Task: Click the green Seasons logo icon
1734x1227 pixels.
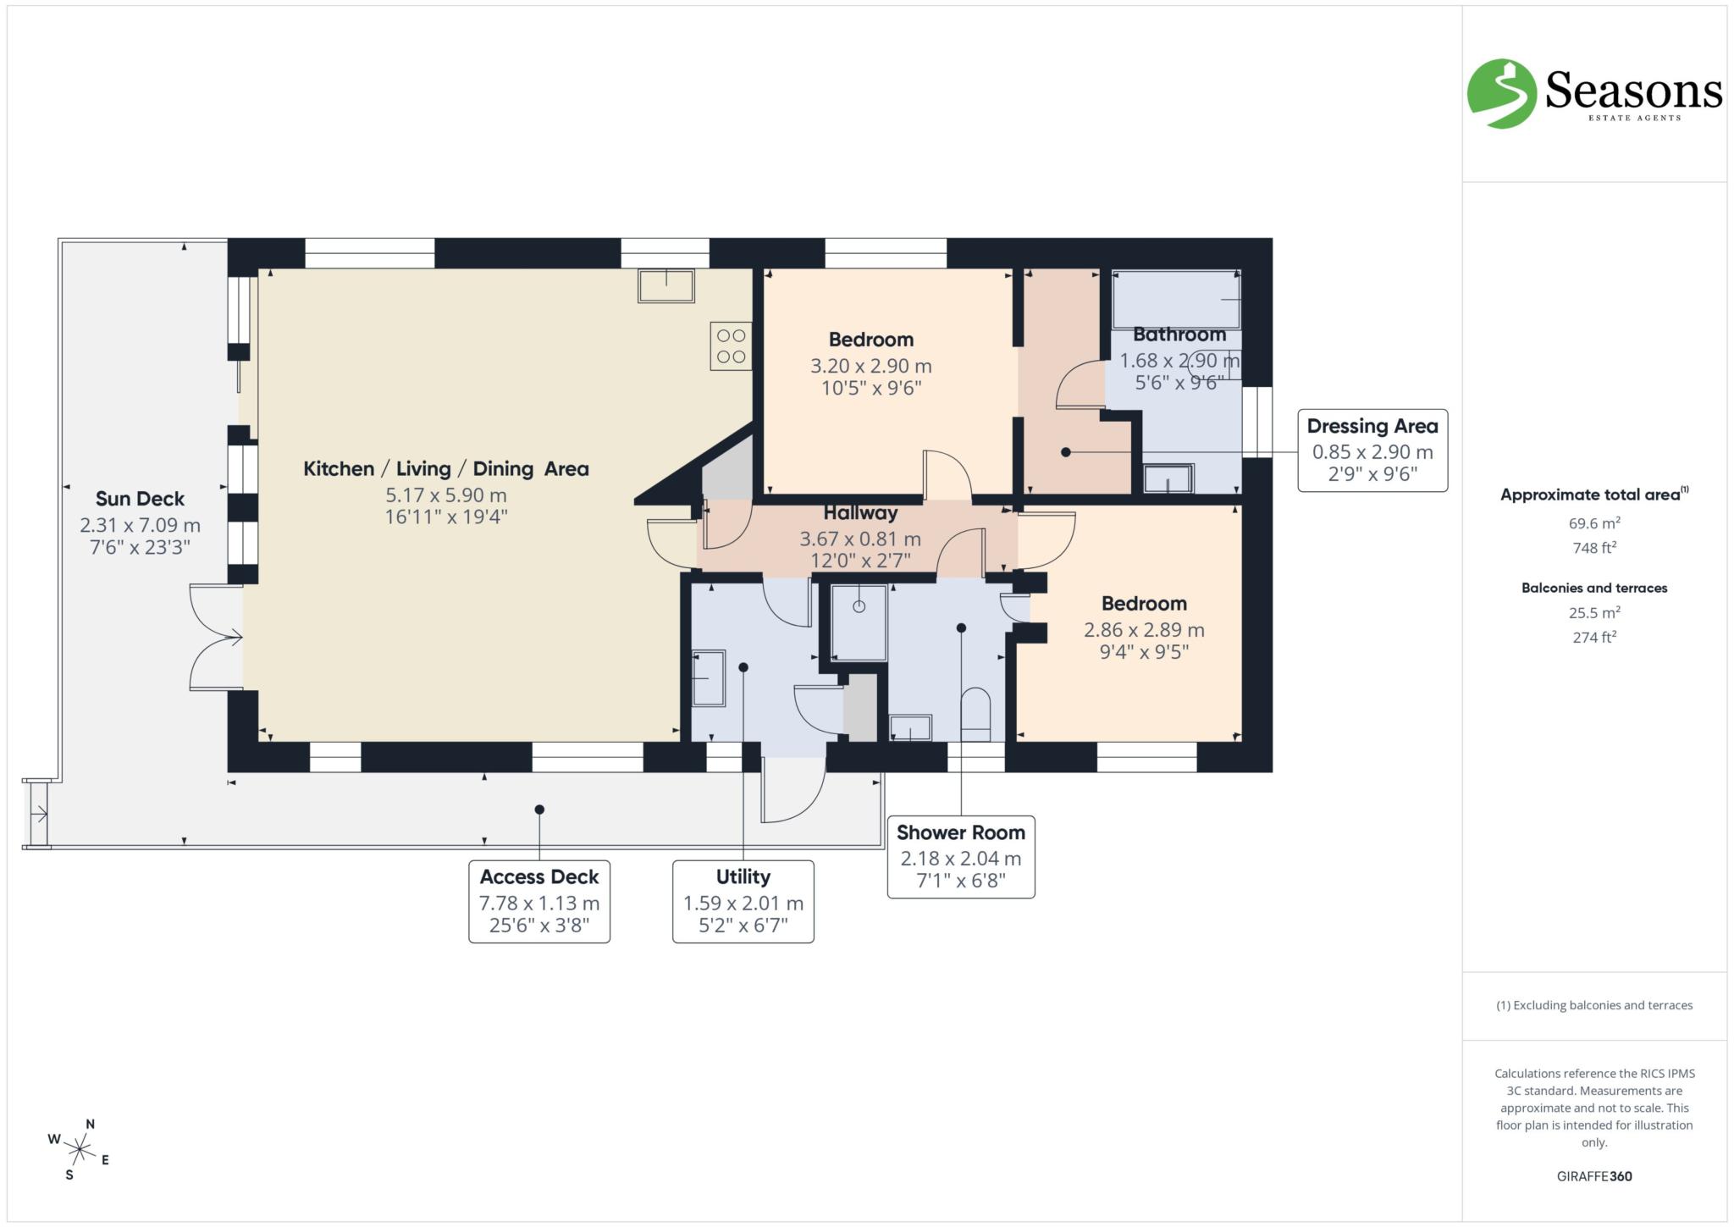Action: pyautogui.click(x=1501, y=93)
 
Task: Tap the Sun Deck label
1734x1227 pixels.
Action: pyautogui.click(x=140, y=499)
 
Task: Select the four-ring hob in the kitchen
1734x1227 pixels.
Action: pyautogui.click(x=731, y=346)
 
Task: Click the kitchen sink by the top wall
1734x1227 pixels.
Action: pyautogui.click(x=666, y=286)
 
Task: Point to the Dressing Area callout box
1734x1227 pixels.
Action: pyautogui.click(x=1372, y=450)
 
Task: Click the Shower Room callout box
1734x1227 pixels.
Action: pyautogui.click(x=960, y=856)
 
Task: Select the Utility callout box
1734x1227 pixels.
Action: pyautogui.click(x=743, y=901)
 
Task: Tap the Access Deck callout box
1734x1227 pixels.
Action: pyautogui.click(x=539, y=901)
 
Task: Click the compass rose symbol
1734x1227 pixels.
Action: pyautogui.click(x=80, y=1150)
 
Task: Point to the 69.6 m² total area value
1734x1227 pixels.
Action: pyautogui.click(x=1593, y=523)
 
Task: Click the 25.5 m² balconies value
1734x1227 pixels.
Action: pyautogui.click(x=1593, y=612)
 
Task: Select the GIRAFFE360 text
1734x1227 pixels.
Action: pyautogui.click(x=1593, y=1176)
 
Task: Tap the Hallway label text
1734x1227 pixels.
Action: pyautogui.click(x=859, y=513)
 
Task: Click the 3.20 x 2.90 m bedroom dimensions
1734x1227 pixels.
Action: pyautogui.click(x=870, y=367)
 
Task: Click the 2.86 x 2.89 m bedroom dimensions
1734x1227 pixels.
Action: pyautogui.click(x=1143, y=630)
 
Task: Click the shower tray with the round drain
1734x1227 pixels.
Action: pyautogui.click(x=859, y=622)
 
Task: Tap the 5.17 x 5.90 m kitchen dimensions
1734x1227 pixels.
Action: pyautogui.click(x=445, y=495)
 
